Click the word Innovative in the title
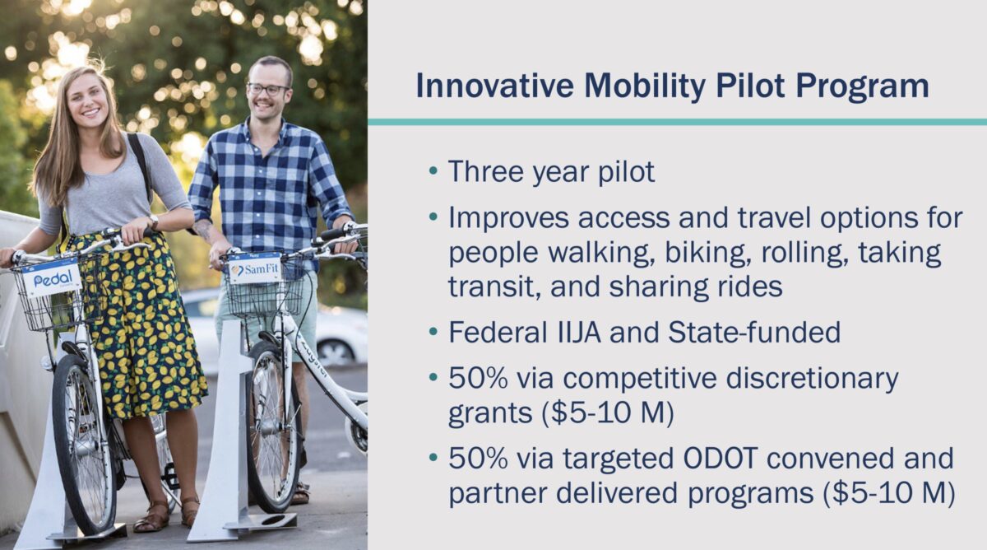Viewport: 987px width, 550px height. (x=495, y=86)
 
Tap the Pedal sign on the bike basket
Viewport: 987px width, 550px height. (x=52, y=277)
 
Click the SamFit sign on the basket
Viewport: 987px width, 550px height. (x=256, y=268)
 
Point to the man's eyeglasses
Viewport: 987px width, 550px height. (x=268, y=90)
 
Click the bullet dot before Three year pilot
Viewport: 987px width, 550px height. (x=433, y=170)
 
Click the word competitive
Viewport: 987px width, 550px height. (x=640, y=380)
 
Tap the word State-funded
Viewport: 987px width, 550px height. (x=754, y=332)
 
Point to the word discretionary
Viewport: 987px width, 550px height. (x=812, y=380)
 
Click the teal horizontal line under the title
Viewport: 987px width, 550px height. (x=677, y=122)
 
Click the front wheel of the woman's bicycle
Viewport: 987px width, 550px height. (x=85, y=445)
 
